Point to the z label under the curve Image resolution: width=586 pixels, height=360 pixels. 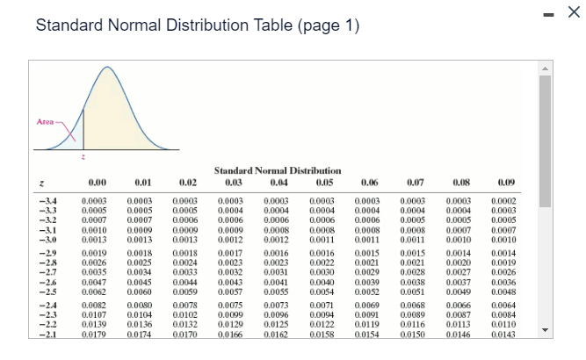pos(83,157)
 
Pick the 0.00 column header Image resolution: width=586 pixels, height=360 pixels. pos(98,183)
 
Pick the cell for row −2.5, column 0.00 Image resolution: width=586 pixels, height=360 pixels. pos(98,290)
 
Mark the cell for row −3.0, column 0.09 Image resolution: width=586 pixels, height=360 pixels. pos(506,238)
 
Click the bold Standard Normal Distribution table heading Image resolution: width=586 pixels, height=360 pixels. pos(278,170)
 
